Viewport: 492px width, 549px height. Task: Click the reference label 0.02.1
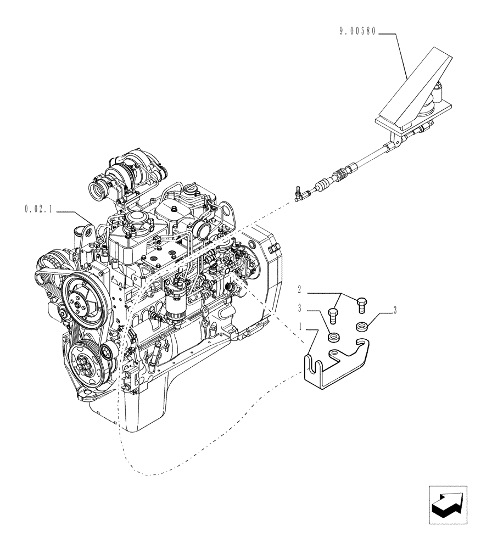click(x=38, y=209)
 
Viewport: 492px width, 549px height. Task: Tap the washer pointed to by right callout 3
click(x=360, y=326)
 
